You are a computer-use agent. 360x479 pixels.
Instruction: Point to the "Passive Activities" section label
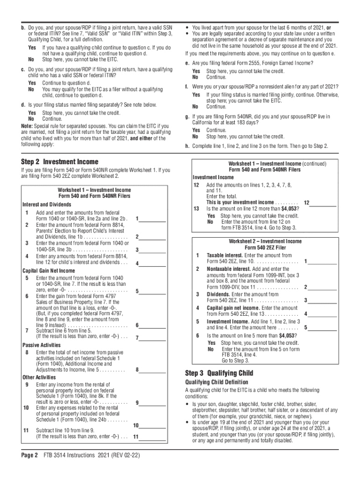pyautogui.click(x=42, y=345)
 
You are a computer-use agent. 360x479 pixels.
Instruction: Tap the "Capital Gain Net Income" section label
pyautogui.click(x=49, y=270)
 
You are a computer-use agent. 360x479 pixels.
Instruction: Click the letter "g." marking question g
pyautogui.click(x=187, y=117)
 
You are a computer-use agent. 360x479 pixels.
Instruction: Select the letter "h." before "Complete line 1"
pyautogui.click(x=187, y=146)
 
